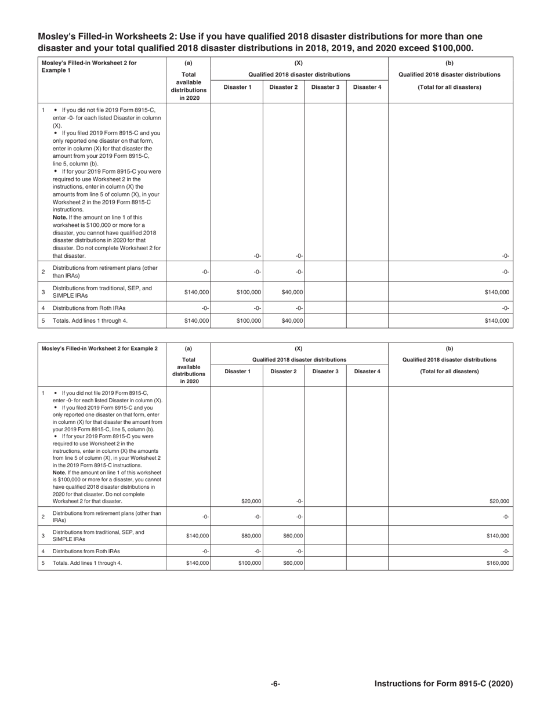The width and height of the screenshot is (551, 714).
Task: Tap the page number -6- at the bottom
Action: click(275, 684)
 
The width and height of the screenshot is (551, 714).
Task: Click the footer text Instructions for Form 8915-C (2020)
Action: click(443, 684)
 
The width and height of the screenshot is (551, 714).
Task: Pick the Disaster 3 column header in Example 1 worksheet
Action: click(325, 87)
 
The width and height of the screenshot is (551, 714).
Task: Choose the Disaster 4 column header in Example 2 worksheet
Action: click(367, 372)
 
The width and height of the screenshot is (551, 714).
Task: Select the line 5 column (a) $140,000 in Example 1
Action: click(197, 320)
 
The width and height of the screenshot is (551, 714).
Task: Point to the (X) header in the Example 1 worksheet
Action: click(299, 63)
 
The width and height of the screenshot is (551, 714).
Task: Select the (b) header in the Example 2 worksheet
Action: click(449, 348)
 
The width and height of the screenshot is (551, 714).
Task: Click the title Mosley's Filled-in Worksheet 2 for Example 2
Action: click(99, 348)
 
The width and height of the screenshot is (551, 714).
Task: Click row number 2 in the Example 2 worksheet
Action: click(43, 517)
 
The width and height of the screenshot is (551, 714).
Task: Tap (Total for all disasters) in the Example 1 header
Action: click(449, 87)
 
